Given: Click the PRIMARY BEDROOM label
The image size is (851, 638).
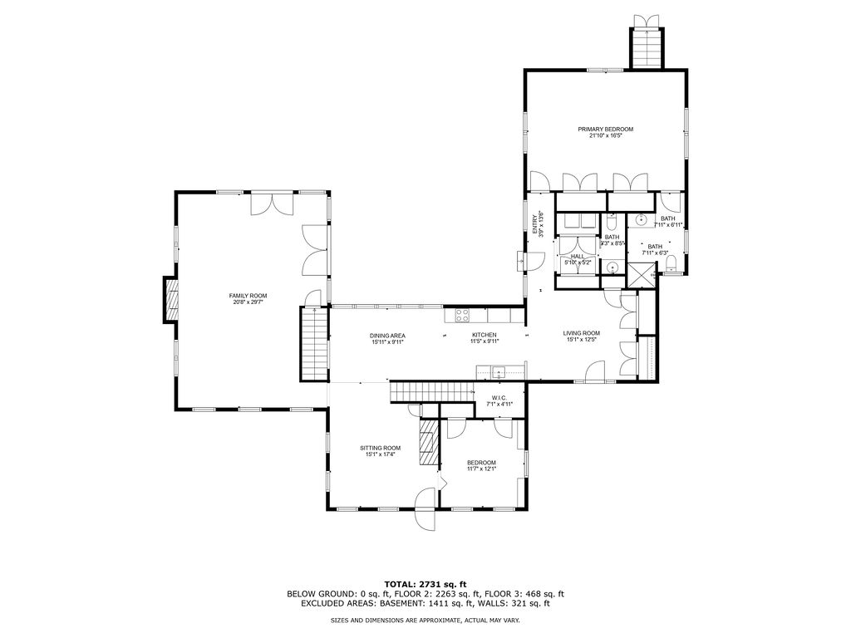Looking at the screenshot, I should click(x=606, y=129).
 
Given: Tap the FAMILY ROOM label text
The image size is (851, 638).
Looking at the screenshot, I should click(x=248, y=296).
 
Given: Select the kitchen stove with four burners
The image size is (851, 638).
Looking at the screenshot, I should click(x=461, y=315).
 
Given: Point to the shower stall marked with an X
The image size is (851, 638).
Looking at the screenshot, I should click(x=641, y=275).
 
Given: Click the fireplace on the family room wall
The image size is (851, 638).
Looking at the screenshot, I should click(x=172, y=300).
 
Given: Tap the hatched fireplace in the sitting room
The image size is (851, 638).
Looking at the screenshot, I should click(x=428, y=444).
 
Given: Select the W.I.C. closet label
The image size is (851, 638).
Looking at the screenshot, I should click(x=499, y=398).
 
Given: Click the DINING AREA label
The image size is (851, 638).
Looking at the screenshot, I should click(x=387, y=336).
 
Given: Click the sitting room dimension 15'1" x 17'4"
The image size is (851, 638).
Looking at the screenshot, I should click(x=380, y=454).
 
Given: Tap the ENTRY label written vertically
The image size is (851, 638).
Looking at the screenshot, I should click(x=536, y=224).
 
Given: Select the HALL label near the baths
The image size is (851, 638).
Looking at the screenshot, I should click(x=577, y=257).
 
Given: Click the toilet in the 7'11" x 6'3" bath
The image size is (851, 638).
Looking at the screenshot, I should click(x=671, y=264).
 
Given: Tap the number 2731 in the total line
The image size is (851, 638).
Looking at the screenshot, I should click(x=437, y=583).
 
